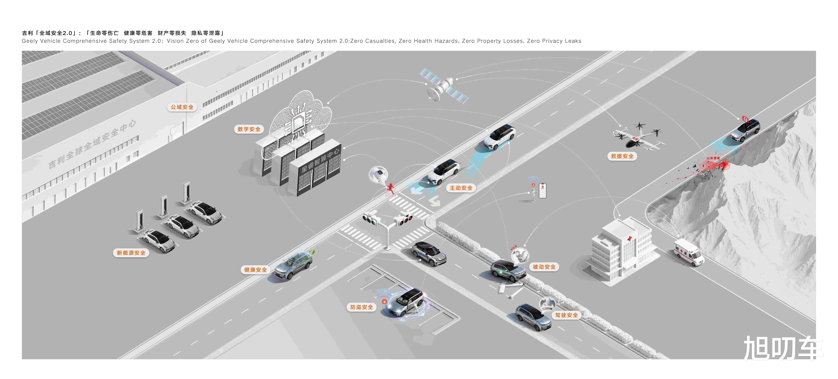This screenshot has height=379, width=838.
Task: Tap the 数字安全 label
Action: click(x=249, y=129)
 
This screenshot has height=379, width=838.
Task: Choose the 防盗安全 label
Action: click(x=361, y=307)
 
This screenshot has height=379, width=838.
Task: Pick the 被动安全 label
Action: click(x=544, y=267)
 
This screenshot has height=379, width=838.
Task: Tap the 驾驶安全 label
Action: click(x=566, y=315)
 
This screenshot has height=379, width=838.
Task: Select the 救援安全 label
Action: click(x=622, y=156)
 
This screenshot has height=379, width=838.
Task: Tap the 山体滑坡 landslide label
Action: click(x=713, y=158)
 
